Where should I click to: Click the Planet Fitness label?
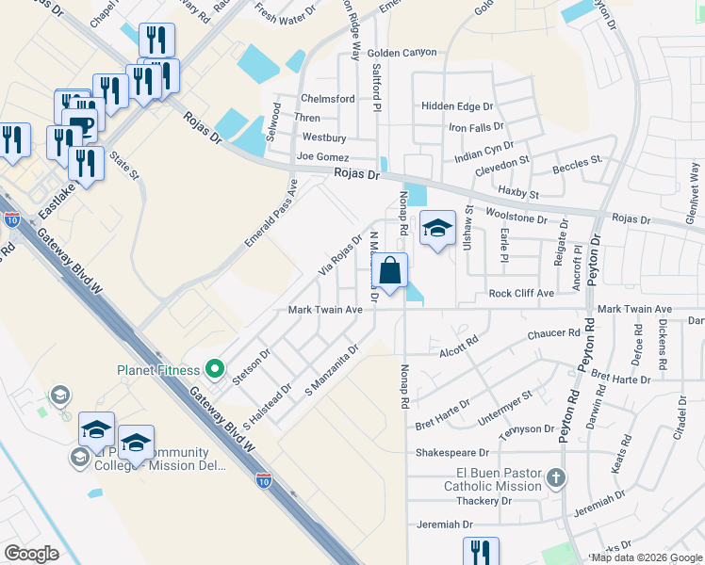(x=160, y=370)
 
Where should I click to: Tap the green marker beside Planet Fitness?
(x=215, y=369)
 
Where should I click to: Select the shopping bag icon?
(x=390, y=272)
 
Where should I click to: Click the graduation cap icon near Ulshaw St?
(x=437, y=229)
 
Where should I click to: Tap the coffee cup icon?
(x=81, y=126)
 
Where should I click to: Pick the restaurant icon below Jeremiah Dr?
(x=481, y=553)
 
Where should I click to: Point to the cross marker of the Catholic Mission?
(x=556, y=477)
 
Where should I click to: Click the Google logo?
(x=31, y=554)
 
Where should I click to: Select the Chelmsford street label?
(x=327, y=99)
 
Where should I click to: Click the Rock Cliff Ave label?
(x=520, y=293)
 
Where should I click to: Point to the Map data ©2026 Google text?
(x=647, y=557)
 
